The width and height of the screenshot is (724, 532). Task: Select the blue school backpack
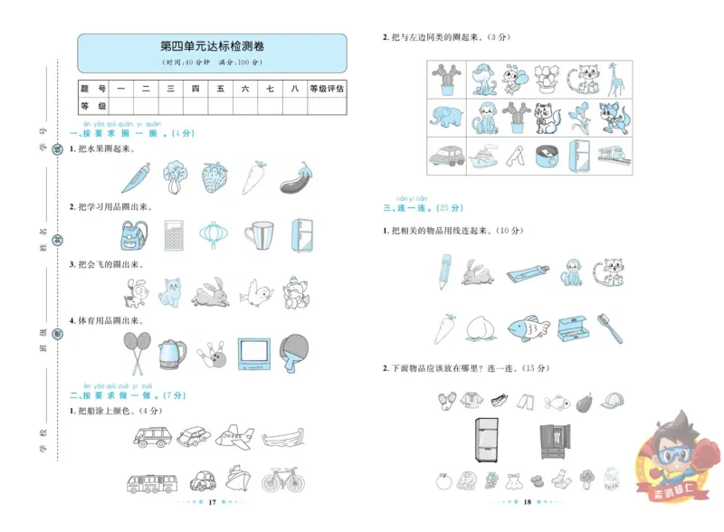pos(133,236)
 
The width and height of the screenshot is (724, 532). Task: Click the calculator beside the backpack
pos(173,236)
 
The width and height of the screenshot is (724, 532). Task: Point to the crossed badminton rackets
pos(134,353)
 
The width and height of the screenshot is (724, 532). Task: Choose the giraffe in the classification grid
pos(615,79)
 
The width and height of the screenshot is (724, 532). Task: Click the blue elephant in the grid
pos(447,118)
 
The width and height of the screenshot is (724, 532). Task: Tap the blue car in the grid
pos(446,155)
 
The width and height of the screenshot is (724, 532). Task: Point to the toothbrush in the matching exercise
pos(612,328)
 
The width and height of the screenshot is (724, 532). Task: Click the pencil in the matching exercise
pos(444,270)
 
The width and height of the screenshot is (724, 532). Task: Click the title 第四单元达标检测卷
pos(212,46)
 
